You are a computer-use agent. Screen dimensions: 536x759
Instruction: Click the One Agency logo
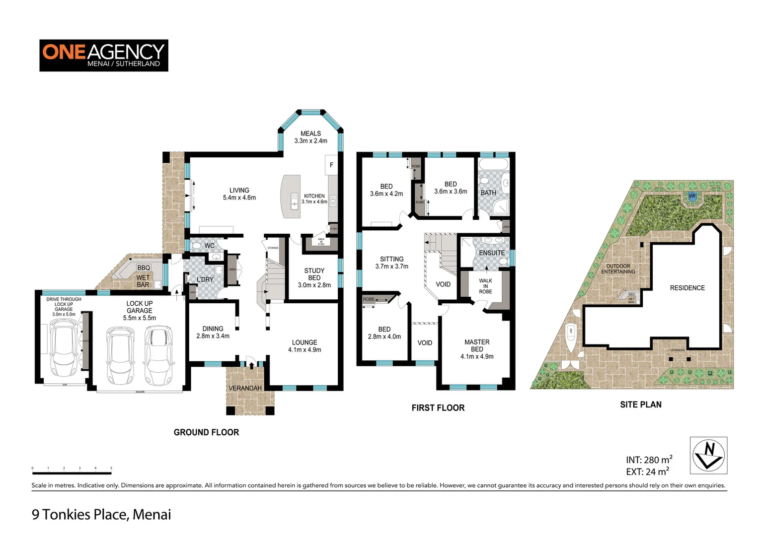[x=103, y=55]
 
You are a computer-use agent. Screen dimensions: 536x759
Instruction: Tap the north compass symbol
[x=708, y=455]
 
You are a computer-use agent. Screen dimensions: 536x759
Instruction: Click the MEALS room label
[x=310, y=134]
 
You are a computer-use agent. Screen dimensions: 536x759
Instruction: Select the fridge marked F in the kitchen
[x=331, y=165]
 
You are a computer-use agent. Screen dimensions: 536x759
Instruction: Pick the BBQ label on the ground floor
[x=144, y=268]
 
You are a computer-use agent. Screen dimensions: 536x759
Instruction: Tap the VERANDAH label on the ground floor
[x=245, y=388]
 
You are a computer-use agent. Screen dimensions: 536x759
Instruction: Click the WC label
[x=210, y=246]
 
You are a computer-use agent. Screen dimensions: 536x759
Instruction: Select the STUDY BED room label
[x=314, y=274]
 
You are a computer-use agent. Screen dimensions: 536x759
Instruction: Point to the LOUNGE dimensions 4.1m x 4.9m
[x=304, y=350]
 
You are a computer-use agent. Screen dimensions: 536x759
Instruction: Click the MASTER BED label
[x=477, y=345]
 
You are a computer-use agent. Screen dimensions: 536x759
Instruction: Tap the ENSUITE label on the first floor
[x=491, y=253]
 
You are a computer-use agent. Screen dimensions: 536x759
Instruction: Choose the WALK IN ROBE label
[x=485, y=286]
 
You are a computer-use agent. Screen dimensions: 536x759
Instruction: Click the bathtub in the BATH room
[x=493, y=165]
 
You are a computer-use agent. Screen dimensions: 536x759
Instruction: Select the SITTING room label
[x=391, y=259]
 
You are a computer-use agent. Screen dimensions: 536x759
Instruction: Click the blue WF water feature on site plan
[x=692, y=197]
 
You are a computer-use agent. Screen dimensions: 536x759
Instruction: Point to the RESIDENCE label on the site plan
[x=687, y=288]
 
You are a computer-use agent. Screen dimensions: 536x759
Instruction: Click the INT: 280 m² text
[x=649, y=460]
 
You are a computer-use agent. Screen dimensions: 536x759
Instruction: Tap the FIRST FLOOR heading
[x=438, y=408]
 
